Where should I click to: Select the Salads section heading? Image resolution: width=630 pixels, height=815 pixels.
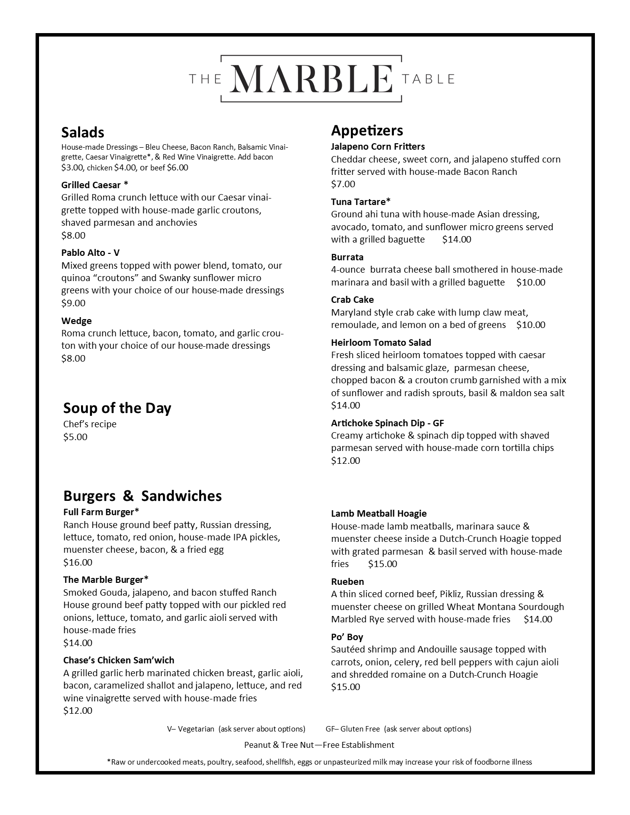pos(83,132)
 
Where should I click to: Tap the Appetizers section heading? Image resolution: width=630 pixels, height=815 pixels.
pos(367,130)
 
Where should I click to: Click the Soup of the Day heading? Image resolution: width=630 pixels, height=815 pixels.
pos(117,408)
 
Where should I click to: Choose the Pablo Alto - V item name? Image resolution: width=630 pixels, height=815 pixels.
pos(90,253)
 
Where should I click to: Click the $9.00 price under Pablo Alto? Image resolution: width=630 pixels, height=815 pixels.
pos(73,303)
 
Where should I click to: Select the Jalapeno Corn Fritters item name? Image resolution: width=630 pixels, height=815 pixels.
pos(378,147)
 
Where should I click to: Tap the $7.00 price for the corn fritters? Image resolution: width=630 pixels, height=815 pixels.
pos(343,184)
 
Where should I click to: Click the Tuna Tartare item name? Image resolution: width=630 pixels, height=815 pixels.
pos(361,202)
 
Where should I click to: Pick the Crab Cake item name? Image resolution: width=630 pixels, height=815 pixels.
pos(352,300)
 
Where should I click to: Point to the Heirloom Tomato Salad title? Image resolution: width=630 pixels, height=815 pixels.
pos(381,343)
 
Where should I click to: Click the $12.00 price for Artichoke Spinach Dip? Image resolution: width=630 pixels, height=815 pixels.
pos(345,461)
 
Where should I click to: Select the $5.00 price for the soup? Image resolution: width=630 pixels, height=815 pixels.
pos(75,437)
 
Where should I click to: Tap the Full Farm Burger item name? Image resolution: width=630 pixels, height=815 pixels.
pos(101,512)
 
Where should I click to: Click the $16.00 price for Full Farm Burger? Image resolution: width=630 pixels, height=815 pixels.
pos(78,563)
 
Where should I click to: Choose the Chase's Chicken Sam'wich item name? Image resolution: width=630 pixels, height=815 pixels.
pos(119,660)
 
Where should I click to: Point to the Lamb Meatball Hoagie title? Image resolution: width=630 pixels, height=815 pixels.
pos(378,514)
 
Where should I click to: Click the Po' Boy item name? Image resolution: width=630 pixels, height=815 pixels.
pos(347,637)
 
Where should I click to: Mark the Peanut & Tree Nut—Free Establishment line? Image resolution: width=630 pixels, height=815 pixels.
pos(319,745)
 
